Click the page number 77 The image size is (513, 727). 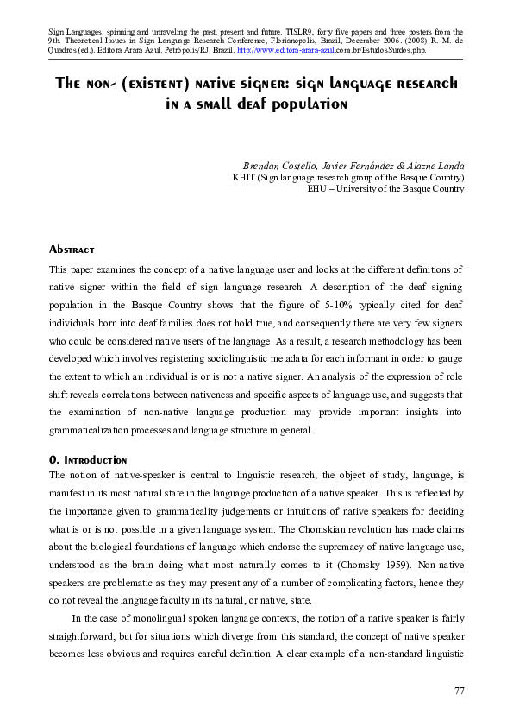tap(460, 691)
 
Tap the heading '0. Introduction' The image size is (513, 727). tap(88, 460)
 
